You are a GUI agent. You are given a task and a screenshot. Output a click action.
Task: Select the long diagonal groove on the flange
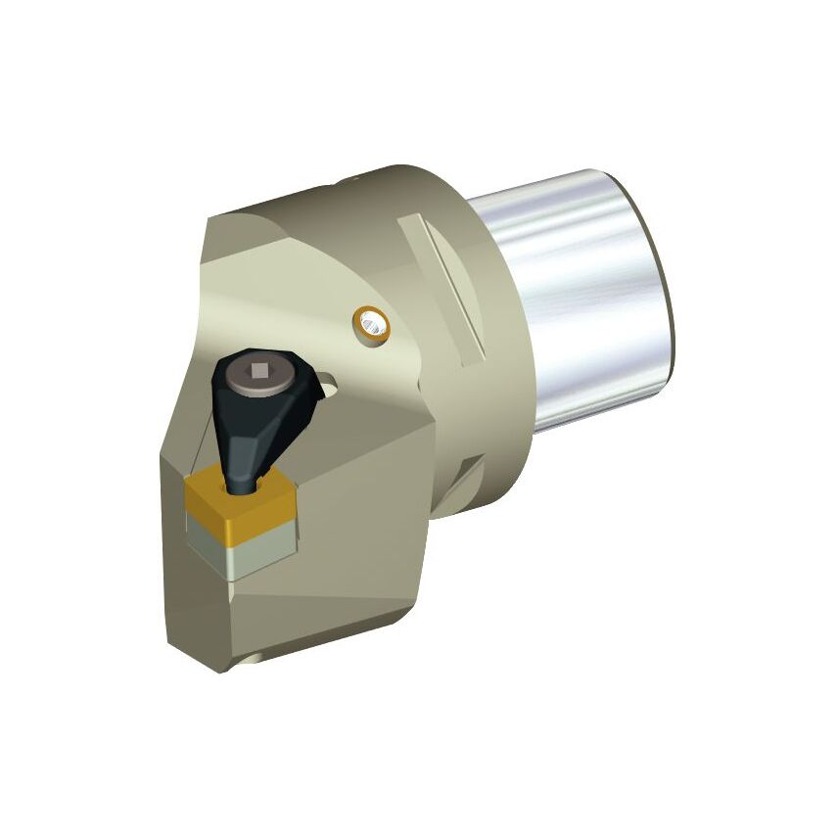coord(446,284)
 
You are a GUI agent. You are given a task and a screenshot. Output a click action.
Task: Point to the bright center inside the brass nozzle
coord(371,321)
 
